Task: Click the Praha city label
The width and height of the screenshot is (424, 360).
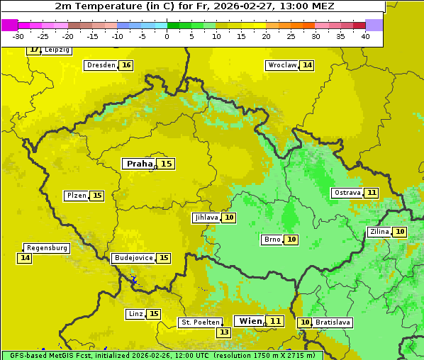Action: [139, 164]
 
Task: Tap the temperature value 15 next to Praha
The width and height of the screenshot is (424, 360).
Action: [166, 164]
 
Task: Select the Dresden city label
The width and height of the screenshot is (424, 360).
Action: [101, 65]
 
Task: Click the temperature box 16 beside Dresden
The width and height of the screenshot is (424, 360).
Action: [126, 65]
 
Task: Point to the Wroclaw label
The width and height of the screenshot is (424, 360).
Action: [281, 65]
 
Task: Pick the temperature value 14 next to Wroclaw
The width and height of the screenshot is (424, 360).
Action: [307, 65]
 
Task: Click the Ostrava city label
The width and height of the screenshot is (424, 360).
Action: [347, 193]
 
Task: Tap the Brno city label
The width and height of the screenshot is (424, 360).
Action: [272, 240]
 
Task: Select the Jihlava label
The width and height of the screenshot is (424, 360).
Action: [206, 218]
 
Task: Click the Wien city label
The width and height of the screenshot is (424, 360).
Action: [250, 321]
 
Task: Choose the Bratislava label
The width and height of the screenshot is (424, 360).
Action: [333, 322]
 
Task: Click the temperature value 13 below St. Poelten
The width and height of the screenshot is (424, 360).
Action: [224, 332]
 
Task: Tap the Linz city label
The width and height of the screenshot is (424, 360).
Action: [135, 314]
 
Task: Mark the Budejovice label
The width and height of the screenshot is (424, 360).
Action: [133, 258]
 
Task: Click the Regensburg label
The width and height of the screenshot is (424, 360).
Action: [47, 248]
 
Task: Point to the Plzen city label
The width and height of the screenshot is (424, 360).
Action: [77, 196]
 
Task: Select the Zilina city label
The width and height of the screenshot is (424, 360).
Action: [379, 232]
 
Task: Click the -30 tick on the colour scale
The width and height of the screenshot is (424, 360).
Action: [18, 36]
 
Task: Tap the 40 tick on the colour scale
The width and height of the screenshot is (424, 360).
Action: [365, 36]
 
